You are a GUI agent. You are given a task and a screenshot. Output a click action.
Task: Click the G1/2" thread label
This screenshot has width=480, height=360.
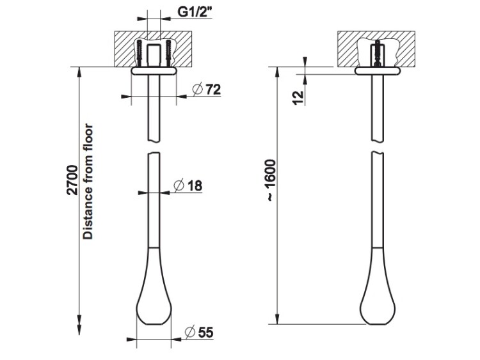tap(195, 12)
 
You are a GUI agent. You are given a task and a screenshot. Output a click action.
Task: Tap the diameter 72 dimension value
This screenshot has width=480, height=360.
tap(213, 90)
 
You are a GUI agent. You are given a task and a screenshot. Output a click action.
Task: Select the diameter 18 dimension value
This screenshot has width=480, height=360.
tap(195, 185)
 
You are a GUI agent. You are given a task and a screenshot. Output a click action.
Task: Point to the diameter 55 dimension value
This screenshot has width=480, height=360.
tap(205, 333)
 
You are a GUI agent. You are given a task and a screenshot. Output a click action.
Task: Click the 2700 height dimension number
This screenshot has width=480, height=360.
tap(72, 180)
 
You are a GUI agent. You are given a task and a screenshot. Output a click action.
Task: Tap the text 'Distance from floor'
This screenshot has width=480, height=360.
tap(88, 181)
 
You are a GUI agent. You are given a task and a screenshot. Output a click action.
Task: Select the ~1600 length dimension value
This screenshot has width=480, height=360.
tap(271, 180)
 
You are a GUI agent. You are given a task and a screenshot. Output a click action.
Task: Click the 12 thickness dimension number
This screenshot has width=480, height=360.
tap(298, 98)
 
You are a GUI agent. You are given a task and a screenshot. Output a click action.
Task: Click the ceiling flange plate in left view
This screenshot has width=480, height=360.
tap(154, 70)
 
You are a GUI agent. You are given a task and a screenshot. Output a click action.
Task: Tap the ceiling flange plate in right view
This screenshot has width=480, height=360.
tap(378, 70)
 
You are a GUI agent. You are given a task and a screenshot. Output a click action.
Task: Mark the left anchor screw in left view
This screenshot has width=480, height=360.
tap(140, 53)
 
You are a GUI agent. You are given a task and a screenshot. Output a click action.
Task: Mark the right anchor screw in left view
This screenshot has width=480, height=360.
tap(168, 53)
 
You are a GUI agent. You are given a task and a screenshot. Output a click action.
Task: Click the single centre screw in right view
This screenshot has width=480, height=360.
tap(378, 53)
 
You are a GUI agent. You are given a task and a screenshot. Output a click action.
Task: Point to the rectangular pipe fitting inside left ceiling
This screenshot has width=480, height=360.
tap(154, 55)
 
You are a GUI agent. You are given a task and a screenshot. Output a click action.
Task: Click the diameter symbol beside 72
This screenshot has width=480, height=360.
tap(198, 89)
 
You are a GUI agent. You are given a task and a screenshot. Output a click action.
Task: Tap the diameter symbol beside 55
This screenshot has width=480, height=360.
tap(190, 333)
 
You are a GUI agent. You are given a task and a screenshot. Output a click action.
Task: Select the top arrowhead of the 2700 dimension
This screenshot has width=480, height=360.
tap(79, 73)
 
